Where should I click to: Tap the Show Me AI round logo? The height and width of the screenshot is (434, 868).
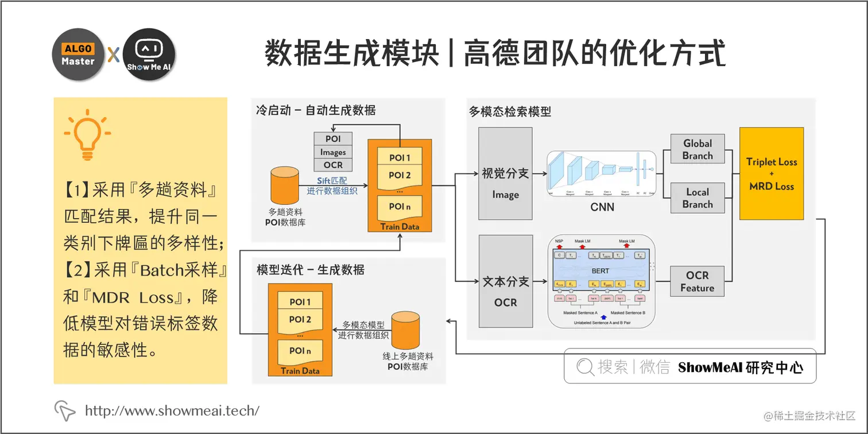click(x=149, y=55)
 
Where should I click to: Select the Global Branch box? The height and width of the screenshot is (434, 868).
click(x=697, y=150)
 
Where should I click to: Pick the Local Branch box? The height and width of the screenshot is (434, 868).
click(x=697, y=198)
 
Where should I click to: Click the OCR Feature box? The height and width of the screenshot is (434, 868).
click(x=697, y=281)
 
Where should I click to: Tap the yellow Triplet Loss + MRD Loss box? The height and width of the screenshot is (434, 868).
click(x=772, y=173)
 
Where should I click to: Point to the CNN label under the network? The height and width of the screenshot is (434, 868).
click(x=602, y=207)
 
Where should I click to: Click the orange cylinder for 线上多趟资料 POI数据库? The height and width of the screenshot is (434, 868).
click(x=407, y=329)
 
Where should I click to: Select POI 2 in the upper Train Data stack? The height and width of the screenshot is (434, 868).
click(x=400, y=175)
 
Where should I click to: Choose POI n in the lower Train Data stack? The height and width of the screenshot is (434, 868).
click(x=300, y=351)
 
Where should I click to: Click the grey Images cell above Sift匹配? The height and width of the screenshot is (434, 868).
click(x=333, y=152)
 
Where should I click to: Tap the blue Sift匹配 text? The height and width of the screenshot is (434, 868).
click(x=332, y=180)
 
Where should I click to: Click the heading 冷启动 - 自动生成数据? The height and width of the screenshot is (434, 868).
click(x=316, y=110)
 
